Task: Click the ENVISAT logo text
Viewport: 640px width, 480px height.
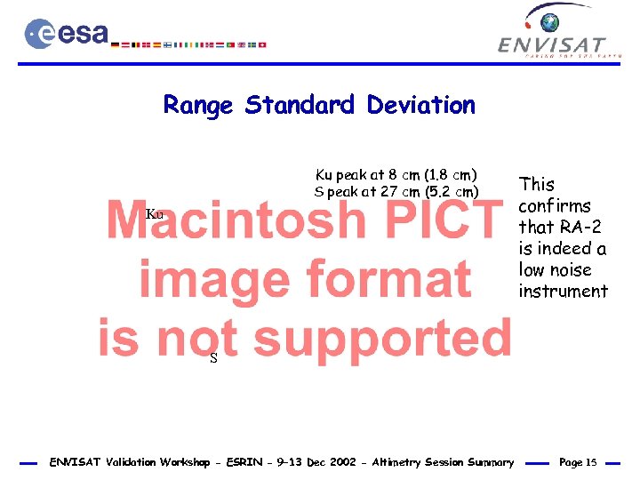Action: [x=552, y=44]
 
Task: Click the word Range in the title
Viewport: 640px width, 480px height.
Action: [x=198, y=106]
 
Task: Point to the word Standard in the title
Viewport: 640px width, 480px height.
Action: [x=302, y=106]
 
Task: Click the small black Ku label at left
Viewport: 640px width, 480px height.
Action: [x=155, y=214]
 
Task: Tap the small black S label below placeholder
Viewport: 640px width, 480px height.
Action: [x=213, y=358]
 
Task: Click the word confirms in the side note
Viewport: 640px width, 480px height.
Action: [x=555, y=206]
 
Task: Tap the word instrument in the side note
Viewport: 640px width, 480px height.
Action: [x=563, y=292]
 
